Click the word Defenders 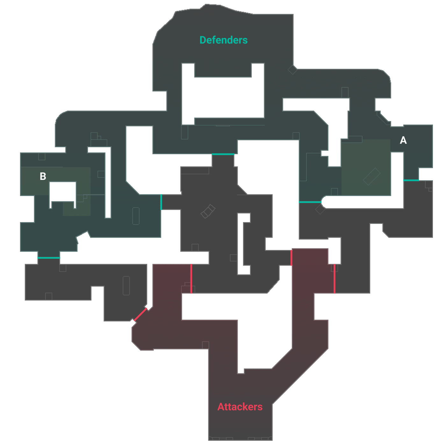223,40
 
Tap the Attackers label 240,407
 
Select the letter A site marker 403,140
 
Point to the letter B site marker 43,176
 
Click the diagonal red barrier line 140,314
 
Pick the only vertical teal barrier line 161,202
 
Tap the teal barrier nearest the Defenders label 223,154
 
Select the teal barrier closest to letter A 411,180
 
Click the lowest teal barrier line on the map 49,258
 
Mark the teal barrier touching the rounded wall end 310,202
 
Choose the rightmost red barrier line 334,279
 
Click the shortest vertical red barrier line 291,258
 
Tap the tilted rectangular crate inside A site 371,176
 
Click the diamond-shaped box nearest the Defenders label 292,70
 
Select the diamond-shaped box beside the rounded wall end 320,209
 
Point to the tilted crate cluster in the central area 208,211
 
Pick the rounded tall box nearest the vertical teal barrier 136,216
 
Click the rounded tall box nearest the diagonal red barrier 126,286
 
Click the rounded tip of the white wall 322,202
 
